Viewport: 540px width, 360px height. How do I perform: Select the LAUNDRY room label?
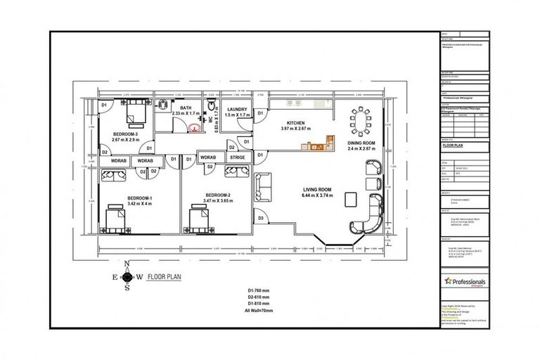(x=236, y=109)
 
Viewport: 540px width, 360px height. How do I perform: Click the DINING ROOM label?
(x=361, y=143)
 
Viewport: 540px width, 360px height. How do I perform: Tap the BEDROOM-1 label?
(x=140, y=199)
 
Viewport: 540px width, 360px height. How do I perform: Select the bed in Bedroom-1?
(x=115, y=220)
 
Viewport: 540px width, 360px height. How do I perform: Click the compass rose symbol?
(x=127, y=276)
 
